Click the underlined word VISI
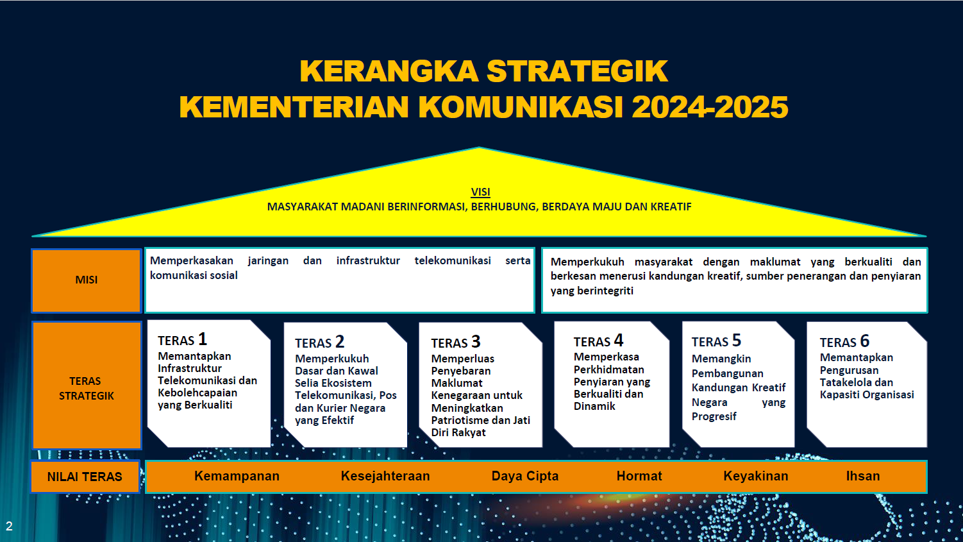tap(480, 192)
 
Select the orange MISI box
tap(87, 280)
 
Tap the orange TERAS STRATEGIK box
tap(87, 385)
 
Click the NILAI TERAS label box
tap(85, 477)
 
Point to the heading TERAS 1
tap(183, 339)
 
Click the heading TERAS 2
tap(319, 343)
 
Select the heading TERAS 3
tap(455, 343)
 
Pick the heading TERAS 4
tap(598, 341)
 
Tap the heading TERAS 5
tap(716, 341)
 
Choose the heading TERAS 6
tap(844, 341)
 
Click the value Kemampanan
tap(237, 476)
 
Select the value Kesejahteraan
tap(385, 476)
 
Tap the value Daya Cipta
tap(525, 476)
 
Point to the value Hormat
tap(639, 476)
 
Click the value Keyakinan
tap(756, 476)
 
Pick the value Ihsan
tap(863, 476)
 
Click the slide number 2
tap(9, 527)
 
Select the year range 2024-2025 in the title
tap(710, 107)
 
